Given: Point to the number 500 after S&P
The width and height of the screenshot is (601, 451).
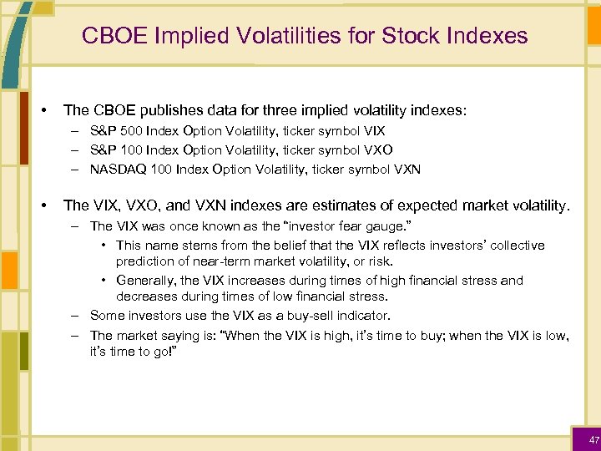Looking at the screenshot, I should [130, 131].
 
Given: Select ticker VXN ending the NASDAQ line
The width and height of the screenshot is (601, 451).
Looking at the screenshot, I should [407, 170].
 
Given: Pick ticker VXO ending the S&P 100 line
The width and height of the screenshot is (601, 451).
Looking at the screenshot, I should [378, 150].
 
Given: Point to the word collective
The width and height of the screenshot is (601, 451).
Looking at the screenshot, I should [514, 245].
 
